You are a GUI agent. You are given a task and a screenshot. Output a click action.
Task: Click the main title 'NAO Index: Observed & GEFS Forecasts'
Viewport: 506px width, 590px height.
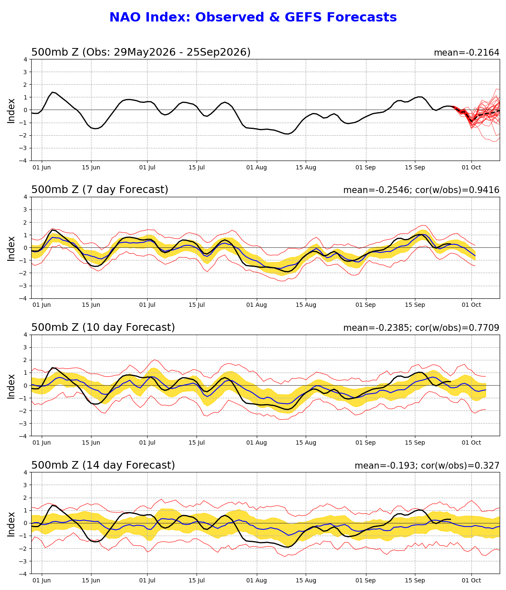tap(253, 17)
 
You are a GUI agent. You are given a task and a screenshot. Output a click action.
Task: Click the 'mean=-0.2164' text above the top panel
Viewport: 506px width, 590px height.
tap(466, 53)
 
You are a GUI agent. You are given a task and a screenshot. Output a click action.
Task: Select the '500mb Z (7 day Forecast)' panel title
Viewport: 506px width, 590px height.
tap(100, 190)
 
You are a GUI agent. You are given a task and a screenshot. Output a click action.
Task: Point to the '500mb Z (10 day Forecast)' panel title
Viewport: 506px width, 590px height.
tap(103, 327)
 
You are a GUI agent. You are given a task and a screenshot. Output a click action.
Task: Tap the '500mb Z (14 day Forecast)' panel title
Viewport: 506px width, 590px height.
tap(103, 465)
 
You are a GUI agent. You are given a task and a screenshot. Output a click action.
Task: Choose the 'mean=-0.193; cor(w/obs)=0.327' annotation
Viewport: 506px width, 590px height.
tap(427, 466)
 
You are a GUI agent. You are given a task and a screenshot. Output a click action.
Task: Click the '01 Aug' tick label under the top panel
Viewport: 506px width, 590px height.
tap(256, 168)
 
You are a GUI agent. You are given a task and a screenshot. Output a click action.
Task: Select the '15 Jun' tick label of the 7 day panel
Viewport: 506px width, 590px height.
tap(91, 305)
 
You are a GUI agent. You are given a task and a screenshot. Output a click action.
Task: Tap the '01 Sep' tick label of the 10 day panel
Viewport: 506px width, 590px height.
tap(366, 443)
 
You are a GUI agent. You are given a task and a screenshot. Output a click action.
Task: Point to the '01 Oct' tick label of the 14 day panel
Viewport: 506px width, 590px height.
tap(471, 580)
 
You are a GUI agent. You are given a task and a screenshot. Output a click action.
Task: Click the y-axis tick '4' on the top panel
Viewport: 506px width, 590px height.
tap(25, 60)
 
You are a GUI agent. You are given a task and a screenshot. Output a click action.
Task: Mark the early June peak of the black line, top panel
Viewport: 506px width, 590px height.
tap(52, 92)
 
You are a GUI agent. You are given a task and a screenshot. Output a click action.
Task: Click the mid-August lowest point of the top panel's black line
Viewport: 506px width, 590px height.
tap(288, 134)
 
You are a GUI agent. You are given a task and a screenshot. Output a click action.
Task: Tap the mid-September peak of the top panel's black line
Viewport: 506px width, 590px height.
tap(419, 97)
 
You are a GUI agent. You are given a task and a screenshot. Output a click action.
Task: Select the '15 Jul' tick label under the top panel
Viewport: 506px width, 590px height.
tap(197, 168)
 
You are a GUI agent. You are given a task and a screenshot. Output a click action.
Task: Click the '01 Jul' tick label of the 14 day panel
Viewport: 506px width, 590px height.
tap(147, 580)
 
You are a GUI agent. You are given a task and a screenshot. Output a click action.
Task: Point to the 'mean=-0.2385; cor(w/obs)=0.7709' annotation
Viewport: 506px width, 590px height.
tap(421, 328)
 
